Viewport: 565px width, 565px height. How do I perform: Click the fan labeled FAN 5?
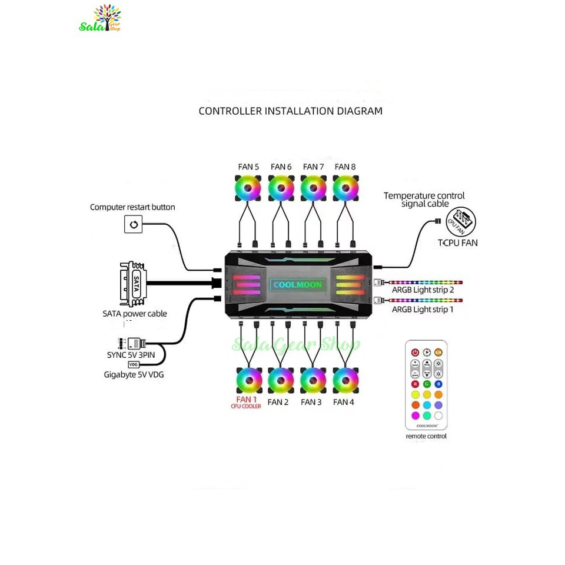click(x=249, y=189)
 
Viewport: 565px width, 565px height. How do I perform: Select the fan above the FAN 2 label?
click(x=281, y=381)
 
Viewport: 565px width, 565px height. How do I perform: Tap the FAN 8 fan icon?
click(x=345, y=189)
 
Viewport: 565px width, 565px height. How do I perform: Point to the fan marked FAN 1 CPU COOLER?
click(x=249, y=381)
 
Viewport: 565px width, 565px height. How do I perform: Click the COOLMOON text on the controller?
click(x=297, y=285)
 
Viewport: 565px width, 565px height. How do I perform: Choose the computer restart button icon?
click(x=134, y=224)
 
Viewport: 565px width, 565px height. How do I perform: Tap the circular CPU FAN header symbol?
click(x=461, y=222)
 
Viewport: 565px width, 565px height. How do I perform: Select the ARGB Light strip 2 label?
click(x=423, y=291)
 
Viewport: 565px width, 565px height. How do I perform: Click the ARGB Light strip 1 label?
click(x=423, y=310)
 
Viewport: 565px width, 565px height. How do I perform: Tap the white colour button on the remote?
click(x=438, y=416)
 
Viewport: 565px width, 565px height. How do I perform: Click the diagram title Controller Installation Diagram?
click(x=290, y=111)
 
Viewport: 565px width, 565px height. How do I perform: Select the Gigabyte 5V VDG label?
click(x=134, y=374)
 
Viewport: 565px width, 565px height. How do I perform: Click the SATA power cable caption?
click(x=135, y=314)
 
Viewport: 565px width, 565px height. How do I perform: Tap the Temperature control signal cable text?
click(x=424, y=200)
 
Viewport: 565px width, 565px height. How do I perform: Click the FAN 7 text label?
click(x=313, y=167)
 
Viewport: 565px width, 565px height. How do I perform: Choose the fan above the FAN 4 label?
click(x=345, y=381)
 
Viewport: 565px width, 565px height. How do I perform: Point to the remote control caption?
click(x=426, y=436)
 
